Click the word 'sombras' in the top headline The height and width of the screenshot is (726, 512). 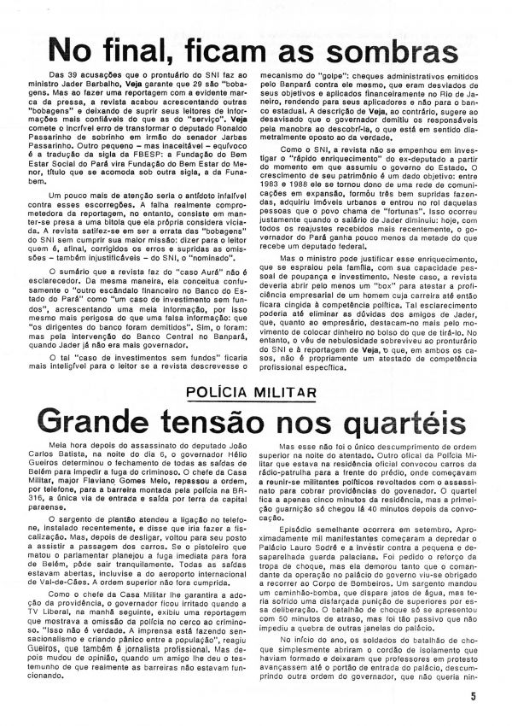click(x=393, y=49)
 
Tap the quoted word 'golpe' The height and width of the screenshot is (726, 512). click(x=370, y=77)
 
